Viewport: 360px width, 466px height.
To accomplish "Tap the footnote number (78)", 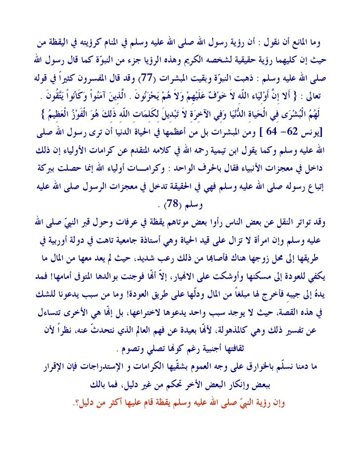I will point(172,204).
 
